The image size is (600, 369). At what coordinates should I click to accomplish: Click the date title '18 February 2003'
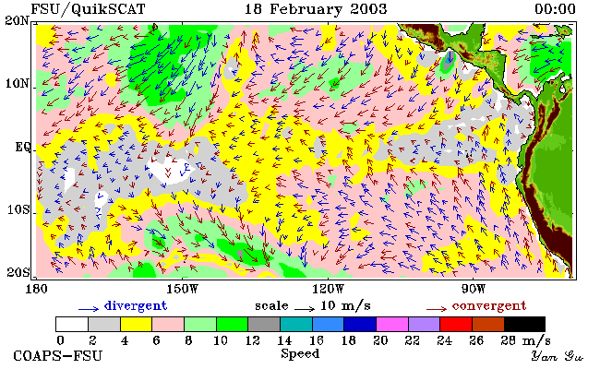tap(316, 9)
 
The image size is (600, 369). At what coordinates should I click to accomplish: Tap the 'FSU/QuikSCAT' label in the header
tap(88, 9)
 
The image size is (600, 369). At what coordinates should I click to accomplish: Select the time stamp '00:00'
tap(555, 9)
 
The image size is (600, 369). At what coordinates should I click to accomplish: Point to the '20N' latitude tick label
tap(18, 20)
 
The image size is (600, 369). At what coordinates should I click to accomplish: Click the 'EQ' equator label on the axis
tap(23, 148)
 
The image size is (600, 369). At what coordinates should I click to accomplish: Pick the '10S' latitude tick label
tap(18, 210)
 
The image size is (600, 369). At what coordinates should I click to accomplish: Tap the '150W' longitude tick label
tap(183, 289)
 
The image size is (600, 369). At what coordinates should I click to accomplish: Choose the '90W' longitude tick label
tap(474, 289)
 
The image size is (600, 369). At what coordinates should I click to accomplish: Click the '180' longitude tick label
tap(36, 289)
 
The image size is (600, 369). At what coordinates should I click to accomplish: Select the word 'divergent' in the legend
tap(136, 306)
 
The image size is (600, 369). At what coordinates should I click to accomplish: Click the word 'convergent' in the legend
tap(489, 306)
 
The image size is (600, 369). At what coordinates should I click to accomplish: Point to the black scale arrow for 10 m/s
tap(305, 308)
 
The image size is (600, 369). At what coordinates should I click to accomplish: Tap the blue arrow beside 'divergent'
tap(89, 308)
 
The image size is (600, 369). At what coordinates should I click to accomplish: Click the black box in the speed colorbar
tap(524, 324)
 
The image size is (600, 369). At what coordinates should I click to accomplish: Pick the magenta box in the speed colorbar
tap(392, 324)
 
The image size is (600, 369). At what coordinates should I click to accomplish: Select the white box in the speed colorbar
tap(72, 324)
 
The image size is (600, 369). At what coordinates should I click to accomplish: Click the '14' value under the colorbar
tap(284, 340)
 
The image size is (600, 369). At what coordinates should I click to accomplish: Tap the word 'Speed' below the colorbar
tap(300, 353)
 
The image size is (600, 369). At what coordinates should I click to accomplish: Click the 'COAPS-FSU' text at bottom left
tap(58, 355)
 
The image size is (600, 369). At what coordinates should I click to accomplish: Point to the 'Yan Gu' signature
tap(558, 356)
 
